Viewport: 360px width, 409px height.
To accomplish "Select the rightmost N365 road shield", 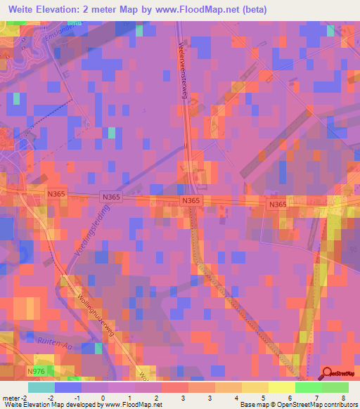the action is [278, 204].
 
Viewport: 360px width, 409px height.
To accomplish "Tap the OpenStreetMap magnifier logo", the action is [328, 373].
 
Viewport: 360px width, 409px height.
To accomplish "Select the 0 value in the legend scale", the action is [103, 398].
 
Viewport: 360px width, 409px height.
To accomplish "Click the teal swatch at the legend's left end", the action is [41, 387].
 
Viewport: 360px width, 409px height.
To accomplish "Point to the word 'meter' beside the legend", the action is [10, 398].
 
